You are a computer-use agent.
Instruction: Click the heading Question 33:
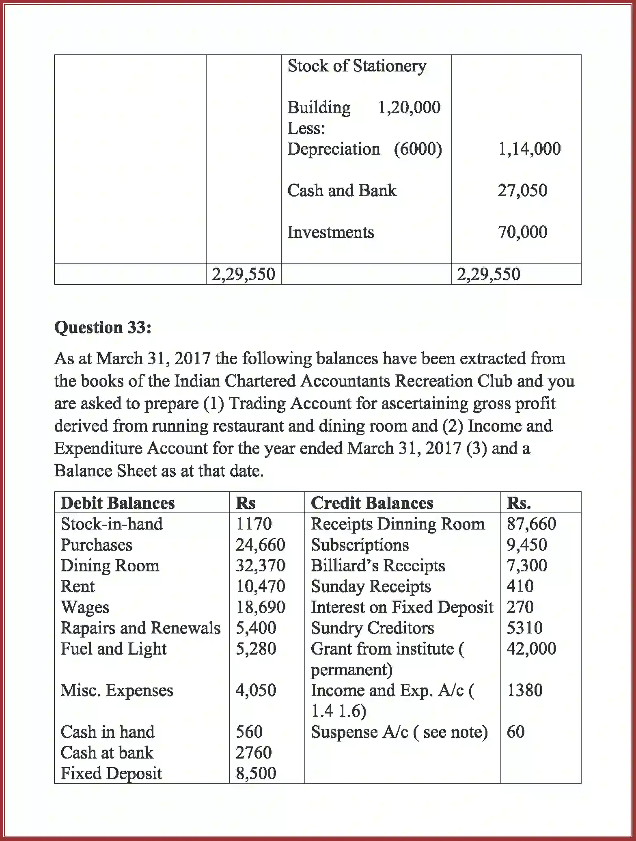coord(103,327)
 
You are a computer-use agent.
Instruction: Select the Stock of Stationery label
coord(357,66)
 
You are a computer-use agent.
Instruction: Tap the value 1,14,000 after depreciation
coord(529,149)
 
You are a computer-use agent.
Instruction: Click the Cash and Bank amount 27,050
coord(522,190)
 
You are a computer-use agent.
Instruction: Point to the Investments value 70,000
coord(522,232)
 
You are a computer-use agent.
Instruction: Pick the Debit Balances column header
coord(118,503)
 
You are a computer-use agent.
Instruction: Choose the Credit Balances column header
coord(372,503)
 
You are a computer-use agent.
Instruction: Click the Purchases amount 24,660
coord(260,545)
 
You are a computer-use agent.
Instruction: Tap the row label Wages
coord(85,608)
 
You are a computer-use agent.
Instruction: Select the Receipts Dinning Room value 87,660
coord(531,524)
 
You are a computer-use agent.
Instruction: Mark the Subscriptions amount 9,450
coord(527,545)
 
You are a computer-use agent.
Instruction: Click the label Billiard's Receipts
coord(378,566)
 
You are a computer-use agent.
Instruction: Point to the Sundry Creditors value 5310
coord(524,628)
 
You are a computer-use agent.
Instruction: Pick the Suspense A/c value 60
coord(515,732)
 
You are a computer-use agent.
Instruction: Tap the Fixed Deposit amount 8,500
coord(256,774)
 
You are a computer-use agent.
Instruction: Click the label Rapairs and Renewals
coord(140,628)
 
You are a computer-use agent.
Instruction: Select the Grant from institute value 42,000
coord(531,649)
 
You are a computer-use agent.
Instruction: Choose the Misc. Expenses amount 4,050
coord(256,690)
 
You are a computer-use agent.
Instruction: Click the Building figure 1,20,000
coord(409,108)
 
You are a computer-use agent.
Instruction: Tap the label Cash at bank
coord(107,753)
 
